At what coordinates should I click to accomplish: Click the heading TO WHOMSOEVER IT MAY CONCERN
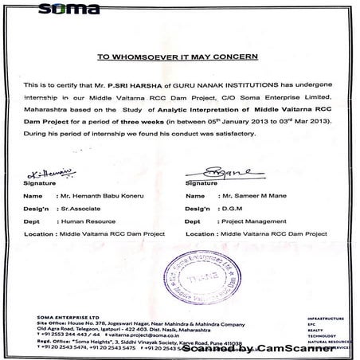pyautogui.click(x=179, y=57)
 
